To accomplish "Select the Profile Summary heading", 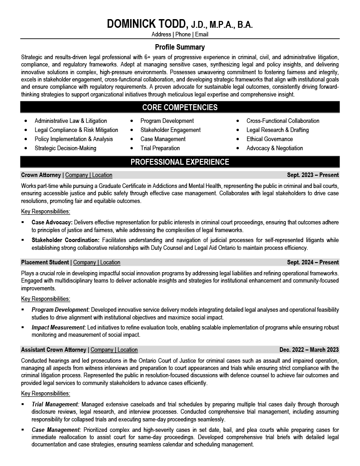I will tap(180, 47).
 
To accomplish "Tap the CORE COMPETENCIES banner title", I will tap(180, 107).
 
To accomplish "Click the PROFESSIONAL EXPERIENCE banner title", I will tap(180, 162).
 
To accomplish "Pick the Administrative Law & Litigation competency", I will tap(71, 121).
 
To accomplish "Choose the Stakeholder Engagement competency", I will tap(170, 130).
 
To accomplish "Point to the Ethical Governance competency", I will tap(269, 139).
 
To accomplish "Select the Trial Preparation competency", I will tap(160, 148).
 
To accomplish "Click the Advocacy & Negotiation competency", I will tap(274, 148).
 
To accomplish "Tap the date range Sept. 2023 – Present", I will tap(313, 175).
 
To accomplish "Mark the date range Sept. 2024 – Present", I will tap(313, 263).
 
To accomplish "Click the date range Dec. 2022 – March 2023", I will tap(309, 350).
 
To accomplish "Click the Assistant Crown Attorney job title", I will tap(53, 350).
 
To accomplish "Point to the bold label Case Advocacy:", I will tap(52, 223).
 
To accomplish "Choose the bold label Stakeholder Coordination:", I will tap(66, 240).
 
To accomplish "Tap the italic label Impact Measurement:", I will tap(59, 327).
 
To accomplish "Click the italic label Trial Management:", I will tap(56, 404).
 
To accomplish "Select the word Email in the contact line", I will tap(202, 34).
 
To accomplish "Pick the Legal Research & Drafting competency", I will tap(277, 130).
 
